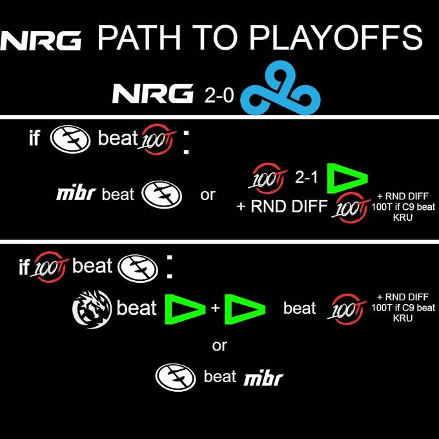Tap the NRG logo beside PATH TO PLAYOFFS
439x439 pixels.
tap(41, 41)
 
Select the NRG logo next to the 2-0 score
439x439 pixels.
tap(153, 94)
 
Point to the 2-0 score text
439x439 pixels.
tap(219, 95)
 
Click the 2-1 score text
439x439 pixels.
tap(306, 177)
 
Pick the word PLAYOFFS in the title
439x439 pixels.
tap(336, 37)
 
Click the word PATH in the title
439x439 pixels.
tap(139, 37)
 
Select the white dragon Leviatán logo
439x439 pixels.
tap(92, 309)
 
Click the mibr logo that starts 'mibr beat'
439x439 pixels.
tap(76, 194)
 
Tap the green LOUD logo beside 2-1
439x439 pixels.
tap(347, 179)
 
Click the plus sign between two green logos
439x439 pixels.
tap(215, 308)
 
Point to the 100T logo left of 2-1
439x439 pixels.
tap(267, 179)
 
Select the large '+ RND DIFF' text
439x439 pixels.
tap(282, 207)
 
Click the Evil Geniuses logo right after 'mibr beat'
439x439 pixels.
tap(162, 194)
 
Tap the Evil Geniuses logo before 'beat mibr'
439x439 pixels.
tap(176, 378)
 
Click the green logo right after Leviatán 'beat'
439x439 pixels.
tap(185, 309)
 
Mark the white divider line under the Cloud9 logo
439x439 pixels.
tap(219, 117)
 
